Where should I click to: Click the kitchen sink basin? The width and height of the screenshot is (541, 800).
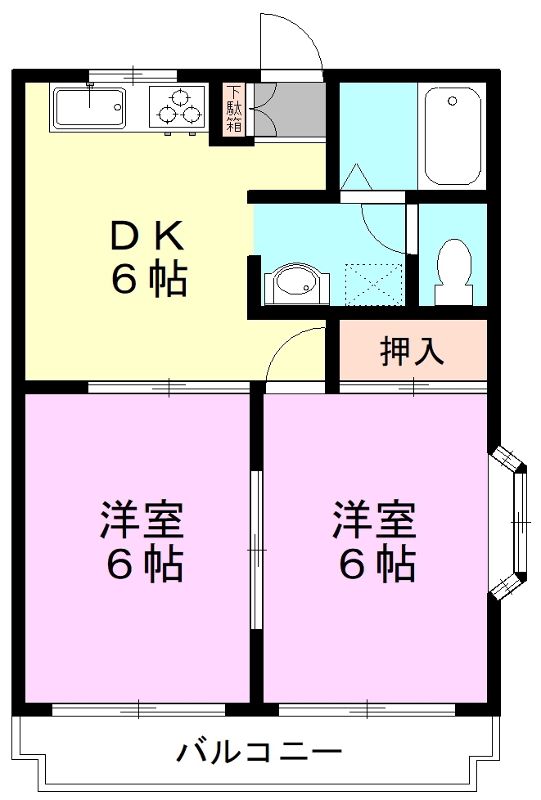coord(88,107)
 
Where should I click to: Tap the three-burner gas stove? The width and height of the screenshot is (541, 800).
coord(178,109)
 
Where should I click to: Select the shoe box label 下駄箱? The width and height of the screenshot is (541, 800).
coord(234,109)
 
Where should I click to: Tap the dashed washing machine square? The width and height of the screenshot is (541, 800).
coord(373,283)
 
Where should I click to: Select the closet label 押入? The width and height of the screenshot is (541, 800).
coord(413,350)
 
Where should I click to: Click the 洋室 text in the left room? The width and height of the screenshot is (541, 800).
coord(142,522)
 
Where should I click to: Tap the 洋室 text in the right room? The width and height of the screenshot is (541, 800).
coord(374,522)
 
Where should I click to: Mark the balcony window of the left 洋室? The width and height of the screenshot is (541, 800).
coord(139,708)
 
